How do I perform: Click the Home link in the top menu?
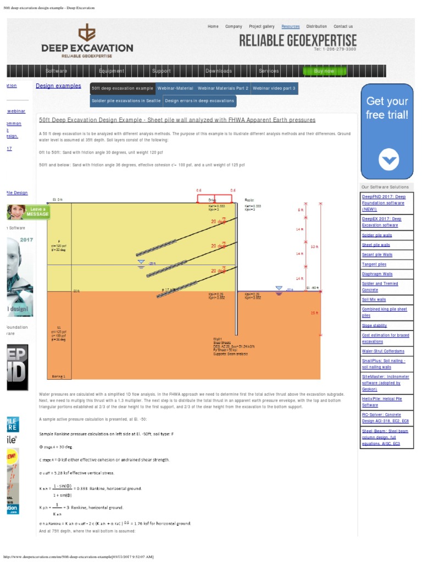tap(213, 26)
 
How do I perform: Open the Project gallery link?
tap(262, 26)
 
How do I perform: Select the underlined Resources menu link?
tap(291, 26)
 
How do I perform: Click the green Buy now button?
tap(324, 71)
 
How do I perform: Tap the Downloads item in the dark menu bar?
tap(218, 71)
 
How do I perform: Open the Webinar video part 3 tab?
tap(275, 88)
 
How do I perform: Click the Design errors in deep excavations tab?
tap(199, 101)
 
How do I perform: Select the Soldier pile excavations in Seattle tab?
tap(126, 101)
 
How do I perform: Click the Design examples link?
tap(58, 86)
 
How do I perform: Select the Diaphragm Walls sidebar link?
tap(377, 274)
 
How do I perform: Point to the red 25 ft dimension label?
tap(314, 313)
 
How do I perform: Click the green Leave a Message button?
tap(29, 212)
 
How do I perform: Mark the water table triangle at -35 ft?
tap(141, 262)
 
